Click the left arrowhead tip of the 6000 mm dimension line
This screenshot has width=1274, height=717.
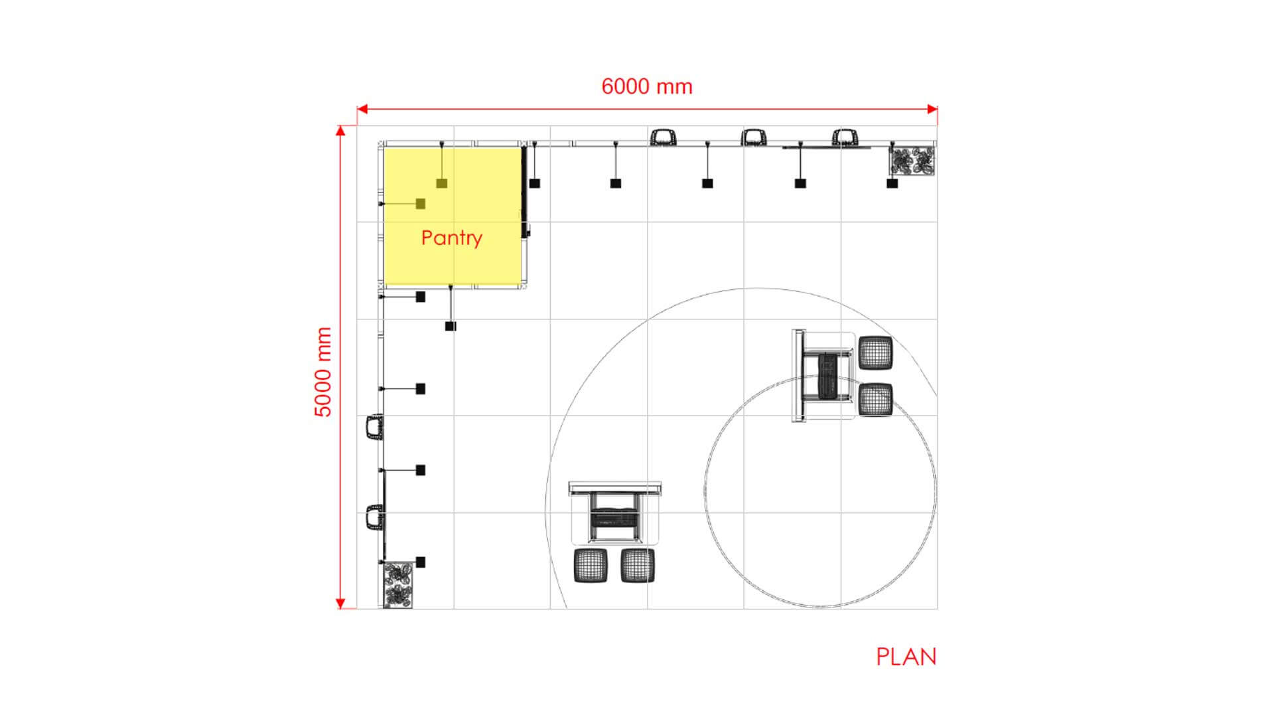(x=357, y=109)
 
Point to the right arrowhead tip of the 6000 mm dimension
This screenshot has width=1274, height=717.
(x=938, y=109)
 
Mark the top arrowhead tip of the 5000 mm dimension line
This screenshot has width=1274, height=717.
(x=340, y=125)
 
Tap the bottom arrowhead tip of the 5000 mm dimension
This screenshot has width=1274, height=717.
(x=340, y=609)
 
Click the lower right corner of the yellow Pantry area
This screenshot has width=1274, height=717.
(x=522, y=286)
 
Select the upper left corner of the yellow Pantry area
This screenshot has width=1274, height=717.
(x=384, y=147)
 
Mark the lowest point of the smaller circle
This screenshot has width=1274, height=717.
(x=821, y=607)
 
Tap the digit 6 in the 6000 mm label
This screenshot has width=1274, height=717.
(x=608, y=86)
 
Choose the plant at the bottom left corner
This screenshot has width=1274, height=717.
(x=397, y=585)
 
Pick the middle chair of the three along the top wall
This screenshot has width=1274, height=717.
(x=754, y=137)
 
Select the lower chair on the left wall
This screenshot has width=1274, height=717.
(x=375, y=518)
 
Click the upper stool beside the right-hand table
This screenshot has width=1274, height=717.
(x=875, y=353)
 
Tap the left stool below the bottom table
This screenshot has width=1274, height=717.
(x=591, y=566)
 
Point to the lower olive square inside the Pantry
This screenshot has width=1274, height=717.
(x=421, y=204)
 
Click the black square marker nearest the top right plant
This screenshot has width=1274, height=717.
(x=892, y=183)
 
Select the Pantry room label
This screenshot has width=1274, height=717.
(x=452, y=238)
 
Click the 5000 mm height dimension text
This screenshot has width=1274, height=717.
(x=322, y=372)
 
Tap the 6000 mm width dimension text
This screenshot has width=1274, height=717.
(x=647, y=86)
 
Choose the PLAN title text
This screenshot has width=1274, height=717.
(x=906, y=657)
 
